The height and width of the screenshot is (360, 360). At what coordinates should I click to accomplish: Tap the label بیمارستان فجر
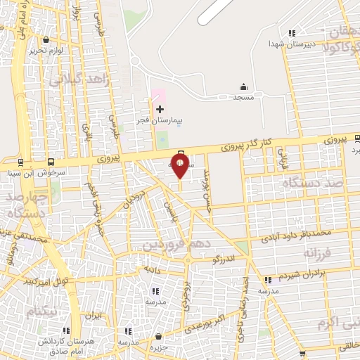coord(159,121)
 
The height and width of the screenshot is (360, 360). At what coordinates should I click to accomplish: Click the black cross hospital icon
coord(160,109)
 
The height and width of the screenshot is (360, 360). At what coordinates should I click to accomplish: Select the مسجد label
coord(243,98)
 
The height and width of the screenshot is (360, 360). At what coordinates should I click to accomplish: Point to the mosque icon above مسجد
coord(243,86)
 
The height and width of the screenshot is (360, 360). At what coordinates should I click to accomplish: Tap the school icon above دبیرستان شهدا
coord(291,32)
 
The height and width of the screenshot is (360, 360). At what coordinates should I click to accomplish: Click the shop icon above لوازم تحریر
coord(45,39)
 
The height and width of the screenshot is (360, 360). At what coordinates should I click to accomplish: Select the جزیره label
coord(162,347)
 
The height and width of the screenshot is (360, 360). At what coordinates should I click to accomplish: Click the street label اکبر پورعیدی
coord(203,323)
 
